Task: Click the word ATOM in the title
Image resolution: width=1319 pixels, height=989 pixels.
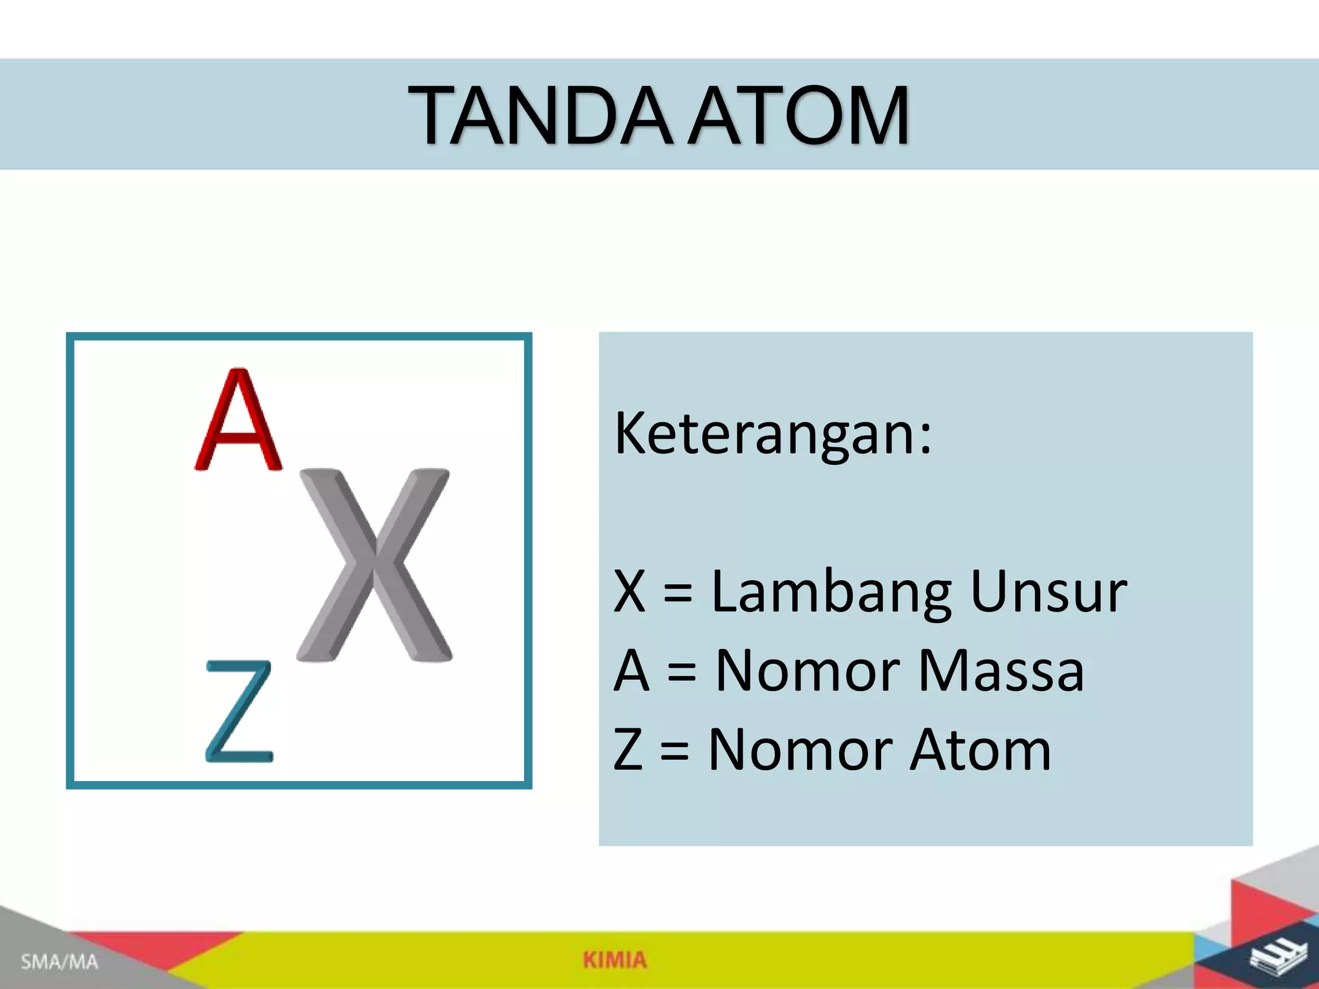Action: pyautogui.click(x=799, y=117)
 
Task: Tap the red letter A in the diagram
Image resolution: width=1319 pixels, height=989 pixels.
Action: pyautogui.click(x=238, y=420)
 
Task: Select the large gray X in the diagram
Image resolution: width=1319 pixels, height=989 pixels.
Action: pyautogui.click(x=374, y=565)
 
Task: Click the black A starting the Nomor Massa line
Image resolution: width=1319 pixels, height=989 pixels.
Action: pyautogui.click(x=631, y=671)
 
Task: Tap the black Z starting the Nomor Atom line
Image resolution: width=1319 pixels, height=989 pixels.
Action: pyautogui.click(x=628, y=750)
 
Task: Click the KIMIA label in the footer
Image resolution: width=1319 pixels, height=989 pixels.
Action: pyautogui.click(x=614, y=960)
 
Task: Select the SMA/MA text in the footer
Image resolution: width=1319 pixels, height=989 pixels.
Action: pyautogui.click(x=59, y=963)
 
